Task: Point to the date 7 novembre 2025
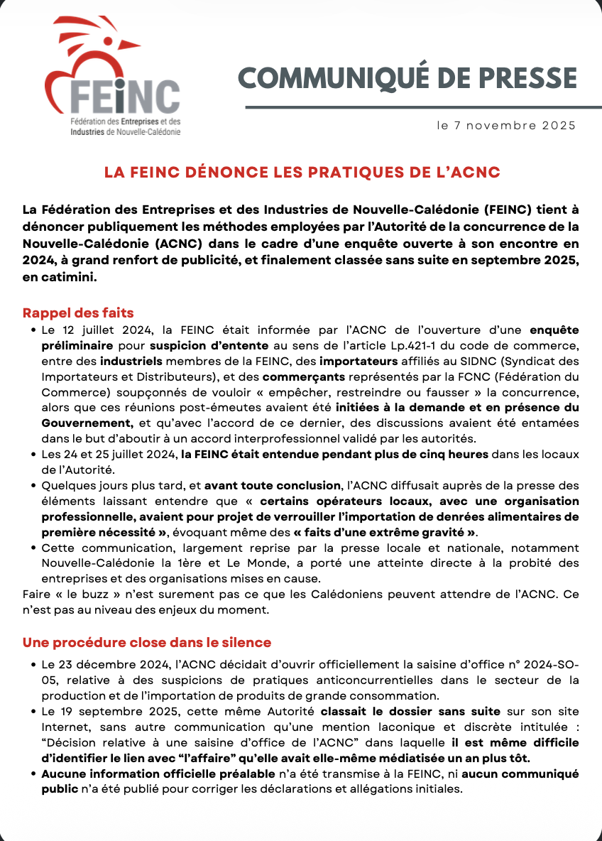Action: [513, 126]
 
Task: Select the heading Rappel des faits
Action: [78, 313]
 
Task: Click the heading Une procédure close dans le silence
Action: [147, 642]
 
